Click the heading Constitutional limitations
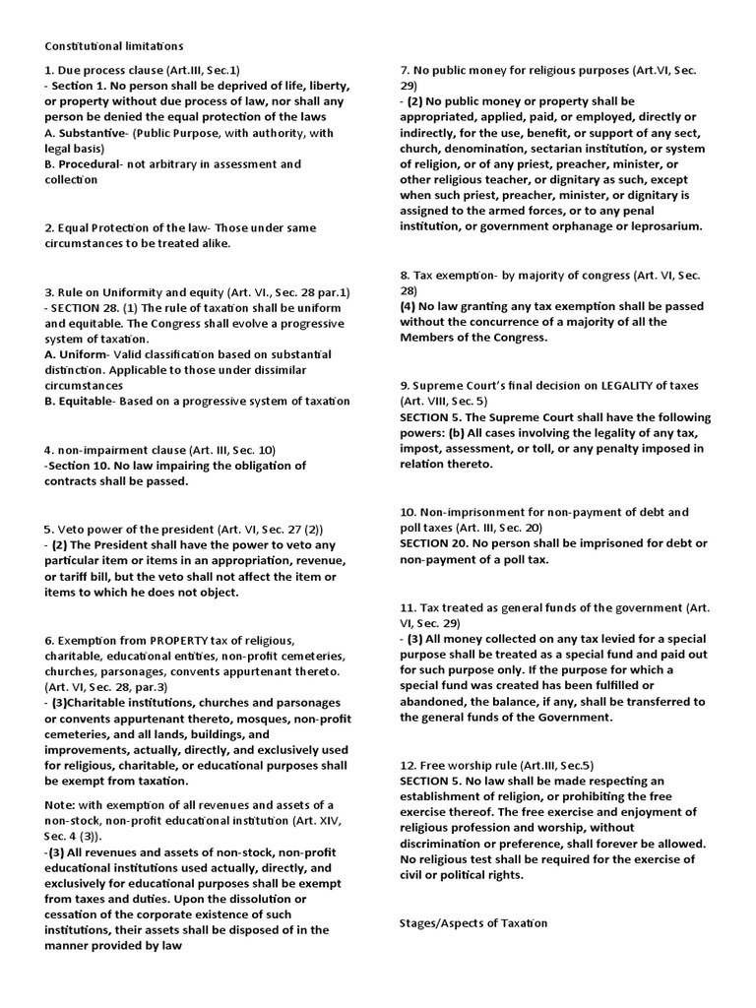(x=113, y=45)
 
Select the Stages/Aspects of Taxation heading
(x=472, y=922)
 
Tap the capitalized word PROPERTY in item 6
(x=178, y=640)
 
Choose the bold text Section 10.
(x=82, y=466)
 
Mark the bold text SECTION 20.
(x=436, y=543)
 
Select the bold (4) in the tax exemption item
(x=409, y=306)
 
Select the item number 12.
(x=408, y=765)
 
